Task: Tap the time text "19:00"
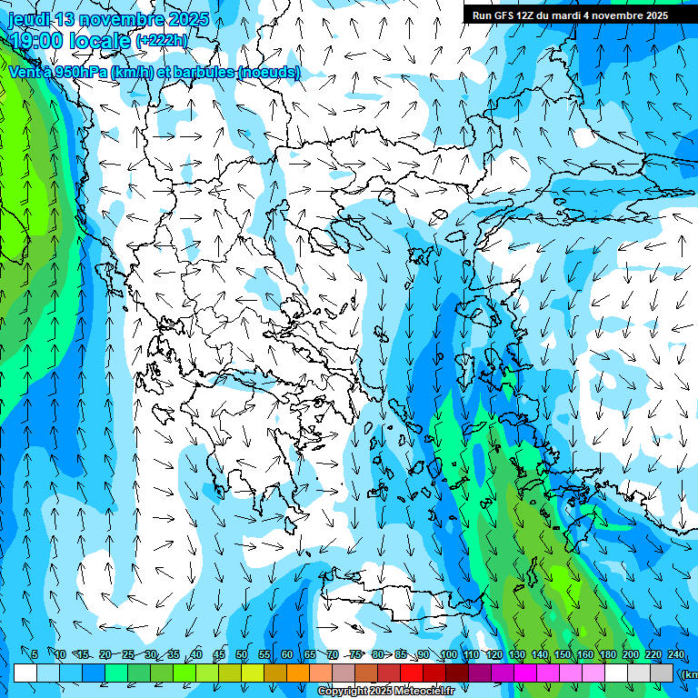tap(42, 40)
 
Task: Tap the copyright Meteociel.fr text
tap(385, 692)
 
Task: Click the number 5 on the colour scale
tap(35, 654)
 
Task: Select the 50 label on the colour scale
tap(241, 654)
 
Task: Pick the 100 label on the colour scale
tap(448, 654)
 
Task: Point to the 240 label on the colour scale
tap(675, 654)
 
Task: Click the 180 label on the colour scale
tap(607, 654)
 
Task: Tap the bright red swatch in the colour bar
tap(412, 673)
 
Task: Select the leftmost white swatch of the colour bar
tap(25, 673)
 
